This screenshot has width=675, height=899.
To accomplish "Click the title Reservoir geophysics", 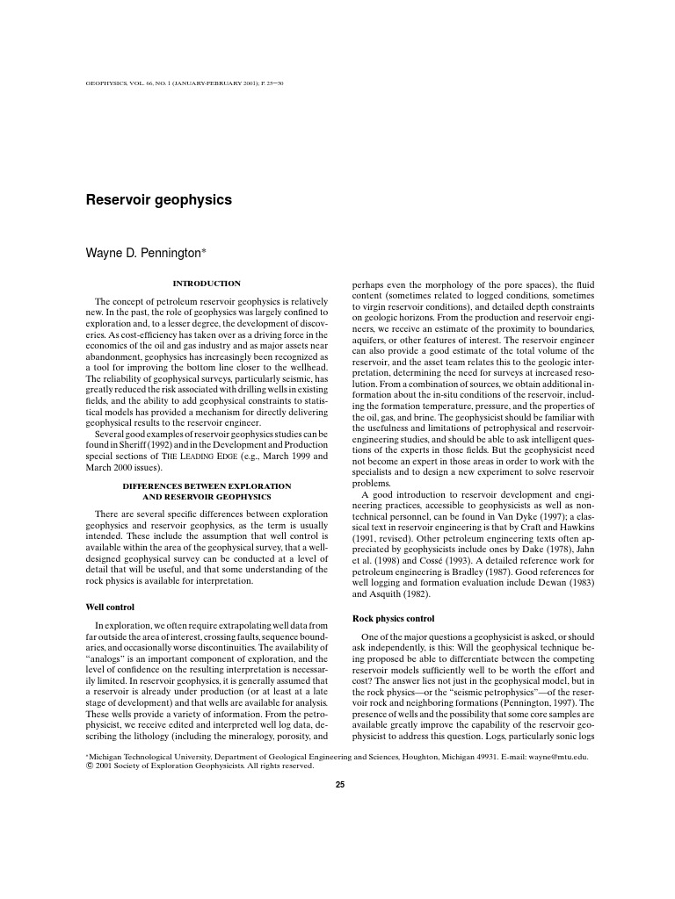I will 158,200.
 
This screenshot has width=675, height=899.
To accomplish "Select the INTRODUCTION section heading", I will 206,284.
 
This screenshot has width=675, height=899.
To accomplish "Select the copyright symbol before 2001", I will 89,765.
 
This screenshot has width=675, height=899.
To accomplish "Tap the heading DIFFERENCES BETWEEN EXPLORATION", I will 207,485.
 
